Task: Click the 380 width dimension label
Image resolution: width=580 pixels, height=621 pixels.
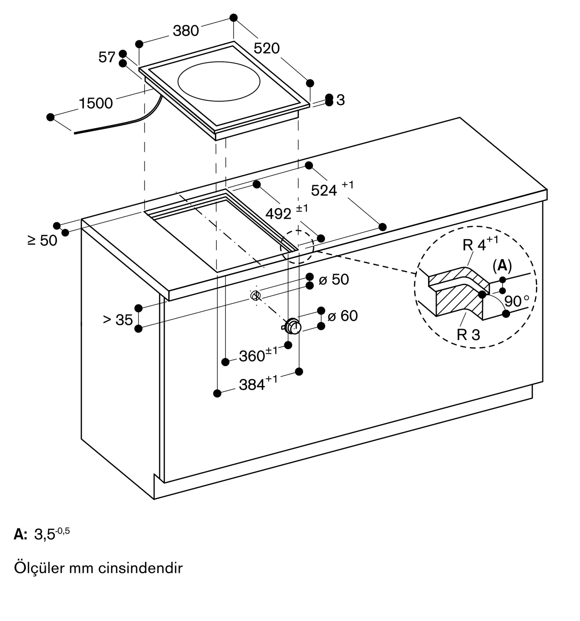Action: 186,31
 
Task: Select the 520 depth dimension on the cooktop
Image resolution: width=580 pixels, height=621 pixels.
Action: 266,48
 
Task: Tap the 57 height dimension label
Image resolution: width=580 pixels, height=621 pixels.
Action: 107,57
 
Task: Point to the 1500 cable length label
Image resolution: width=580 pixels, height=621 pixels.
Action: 96,103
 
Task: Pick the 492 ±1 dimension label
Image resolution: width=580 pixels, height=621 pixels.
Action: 287,212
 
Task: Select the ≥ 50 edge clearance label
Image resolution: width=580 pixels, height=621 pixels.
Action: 43,241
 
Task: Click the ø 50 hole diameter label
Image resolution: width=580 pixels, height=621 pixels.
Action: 334,279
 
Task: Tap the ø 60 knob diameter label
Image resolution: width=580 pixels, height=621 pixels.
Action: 342,315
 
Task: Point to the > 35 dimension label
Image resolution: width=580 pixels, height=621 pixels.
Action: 117,320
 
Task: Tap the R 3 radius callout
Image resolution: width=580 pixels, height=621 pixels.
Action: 468,334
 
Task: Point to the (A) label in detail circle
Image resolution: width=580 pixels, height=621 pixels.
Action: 502,265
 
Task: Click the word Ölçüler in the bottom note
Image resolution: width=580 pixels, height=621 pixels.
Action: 40,568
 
